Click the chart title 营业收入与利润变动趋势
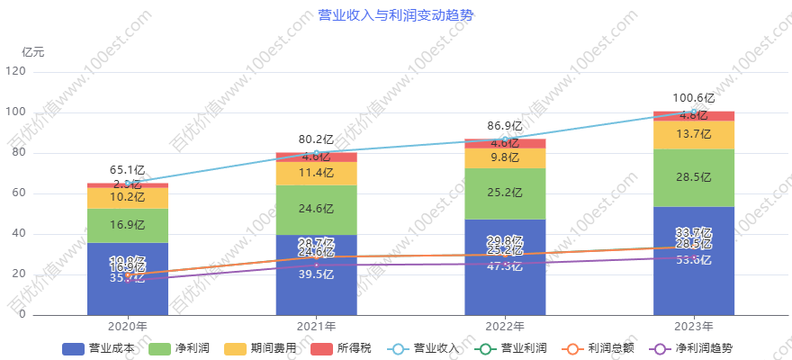coord(396,14)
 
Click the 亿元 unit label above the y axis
coord(33,51)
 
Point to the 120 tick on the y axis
coord(16,71)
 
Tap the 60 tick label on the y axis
coord(20,193)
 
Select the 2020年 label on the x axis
coord(127,327)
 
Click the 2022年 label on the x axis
coord(505,327)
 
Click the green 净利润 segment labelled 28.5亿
coord(694,177)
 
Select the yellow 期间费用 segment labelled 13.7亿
coord(694,134)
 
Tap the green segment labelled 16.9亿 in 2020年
coord(127,225)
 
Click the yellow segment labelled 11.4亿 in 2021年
coord(316,173)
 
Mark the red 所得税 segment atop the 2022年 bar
coord(505,143)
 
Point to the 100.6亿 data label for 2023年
coord(694,97)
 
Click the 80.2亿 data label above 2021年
coord(316,139)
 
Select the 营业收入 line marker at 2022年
coord(505,139)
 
